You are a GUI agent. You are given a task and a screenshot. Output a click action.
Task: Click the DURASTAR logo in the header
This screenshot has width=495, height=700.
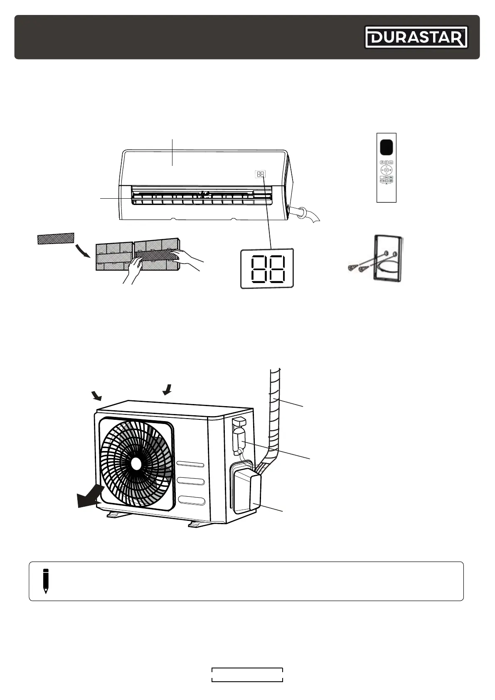[416, 37]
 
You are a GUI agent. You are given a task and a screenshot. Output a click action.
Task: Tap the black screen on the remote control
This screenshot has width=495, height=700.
[386, 147]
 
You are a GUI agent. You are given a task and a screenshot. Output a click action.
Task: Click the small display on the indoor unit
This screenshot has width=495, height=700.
[260, 174]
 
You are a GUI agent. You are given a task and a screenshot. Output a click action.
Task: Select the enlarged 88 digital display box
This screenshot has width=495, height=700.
[267, 268]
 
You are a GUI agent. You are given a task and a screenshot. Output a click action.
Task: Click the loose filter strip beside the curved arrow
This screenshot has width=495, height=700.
[56, 239]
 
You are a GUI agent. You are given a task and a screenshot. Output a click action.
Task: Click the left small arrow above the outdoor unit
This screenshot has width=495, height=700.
[97, 395]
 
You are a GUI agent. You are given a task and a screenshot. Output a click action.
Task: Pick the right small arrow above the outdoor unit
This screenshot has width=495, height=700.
[167, 389]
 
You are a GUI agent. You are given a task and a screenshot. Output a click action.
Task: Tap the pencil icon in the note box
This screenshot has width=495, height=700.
[46, 581]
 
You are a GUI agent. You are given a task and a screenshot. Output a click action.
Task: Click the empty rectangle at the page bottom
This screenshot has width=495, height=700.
[247, 675]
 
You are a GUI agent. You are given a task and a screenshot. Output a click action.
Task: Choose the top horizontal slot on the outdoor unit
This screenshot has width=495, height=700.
[190, 464]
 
